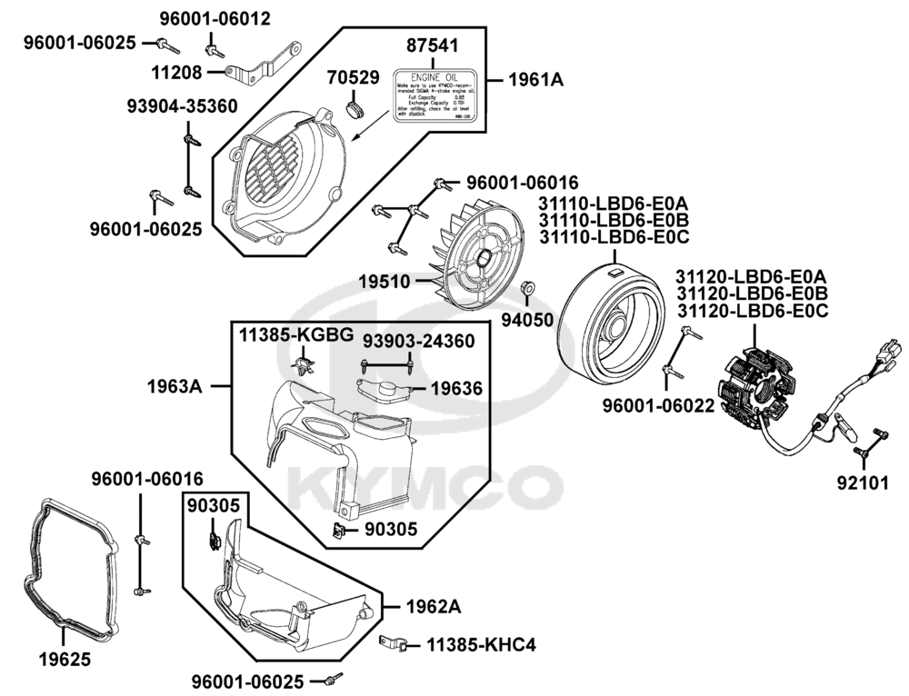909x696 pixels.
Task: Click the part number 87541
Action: coord(433,46)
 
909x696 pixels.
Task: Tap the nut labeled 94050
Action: coord(525,292)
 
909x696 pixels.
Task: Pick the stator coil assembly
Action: coord(760,387)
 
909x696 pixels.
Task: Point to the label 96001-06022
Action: coord(658,407)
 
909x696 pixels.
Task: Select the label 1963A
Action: coord(175,385)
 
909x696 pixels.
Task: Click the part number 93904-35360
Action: coord(182,106)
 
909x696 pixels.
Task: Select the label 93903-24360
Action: coord(418,341)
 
